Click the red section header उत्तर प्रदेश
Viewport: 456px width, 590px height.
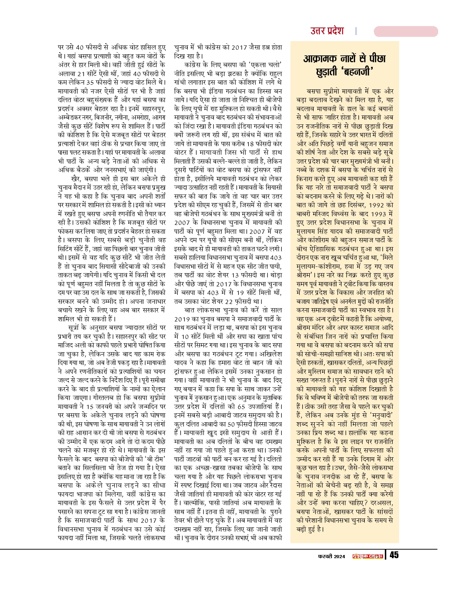tap(327, 31)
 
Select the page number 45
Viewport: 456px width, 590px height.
tap(394, 555)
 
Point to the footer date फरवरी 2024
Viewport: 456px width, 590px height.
tap(332, 556)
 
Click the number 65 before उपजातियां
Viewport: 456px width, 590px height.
tap(241, 407)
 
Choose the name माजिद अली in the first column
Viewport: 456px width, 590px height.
tap(70, 345)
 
